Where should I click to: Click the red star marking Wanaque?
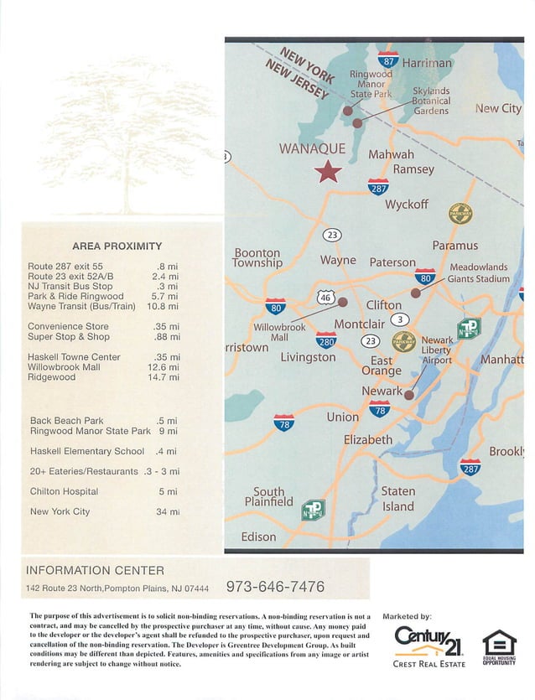pyautogui.click(x=328, y=172)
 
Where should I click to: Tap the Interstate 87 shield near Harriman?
pyautogui.click(x=388, y=60)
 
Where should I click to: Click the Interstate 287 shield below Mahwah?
pyautogui.click(x=378, y=187)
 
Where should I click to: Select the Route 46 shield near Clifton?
pyautogui.click(x=326, y=297)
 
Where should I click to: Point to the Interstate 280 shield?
pyautogui.click(x=326, y=340)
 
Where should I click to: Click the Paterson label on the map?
pyautogui.click(x=392, y=262)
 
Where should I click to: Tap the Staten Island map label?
pyautogui.click(x=397, y=499)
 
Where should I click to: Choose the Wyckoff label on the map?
pyautogui.click(x=407, y=205)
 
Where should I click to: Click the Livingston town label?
pyautogui.click(x=308, y=357)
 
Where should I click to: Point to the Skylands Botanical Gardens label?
pyautogui.click(x=431, y=101)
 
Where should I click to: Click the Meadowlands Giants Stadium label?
pyautogui.click(x=478, y=273)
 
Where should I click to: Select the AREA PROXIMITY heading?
pyautogui.click(x=117, y=246)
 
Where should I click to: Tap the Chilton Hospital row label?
pyautogui.click(x=64, y=491)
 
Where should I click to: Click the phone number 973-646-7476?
pyautogui.click(x=276, y=587)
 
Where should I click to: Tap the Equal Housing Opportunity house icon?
pyautogui.click(x=499, y=643)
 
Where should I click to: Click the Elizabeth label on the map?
pyautogui.click(x=368, y=439)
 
